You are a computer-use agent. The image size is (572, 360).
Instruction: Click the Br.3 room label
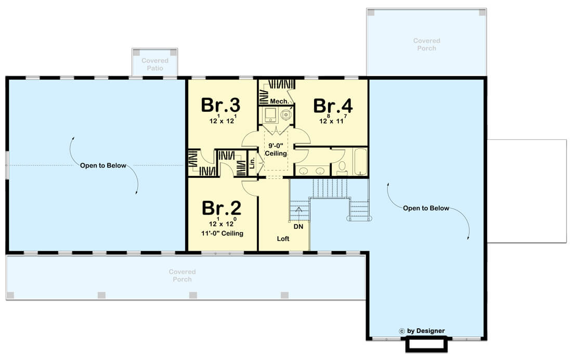[220, 105]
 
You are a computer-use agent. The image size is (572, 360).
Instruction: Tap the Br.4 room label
[333, 106]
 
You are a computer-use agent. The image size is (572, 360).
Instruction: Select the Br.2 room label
[222, 208]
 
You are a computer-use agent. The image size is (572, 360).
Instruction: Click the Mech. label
[279, 101]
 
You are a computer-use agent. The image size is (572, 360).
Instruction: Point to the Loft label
[283, 238]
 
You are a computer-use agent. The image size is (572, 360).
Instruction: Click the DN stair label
[298, 226]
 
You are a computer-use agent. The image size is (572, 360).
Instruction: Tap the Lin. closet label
[252, 162]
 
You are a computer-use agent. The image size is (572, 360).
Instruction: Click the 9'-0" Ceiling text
[276, 150]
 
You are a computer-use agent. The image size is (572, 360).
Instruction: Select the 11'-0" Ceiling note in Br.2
[222, 233]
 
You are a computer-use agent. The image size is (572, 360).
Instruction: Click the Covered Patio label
[155, 65]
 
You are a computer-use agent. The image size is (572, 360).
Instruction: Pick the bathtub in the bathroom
[360, 162]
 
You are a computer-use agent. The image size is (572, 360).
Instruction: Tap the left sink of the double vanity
[303, 170]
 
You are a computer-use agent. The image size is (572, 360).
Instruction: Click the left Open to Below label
[103, 165]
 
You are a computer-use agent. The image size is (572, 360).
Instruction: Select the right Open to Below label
[426, 208]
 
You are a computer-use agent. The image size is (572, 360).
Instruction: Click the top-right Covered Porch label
[427, 44]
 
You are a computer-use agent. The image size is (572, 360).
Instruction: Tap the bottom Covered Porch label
[183, 275]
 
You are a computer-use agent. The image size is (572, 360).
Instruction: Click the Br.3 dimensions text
[223, 119]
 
